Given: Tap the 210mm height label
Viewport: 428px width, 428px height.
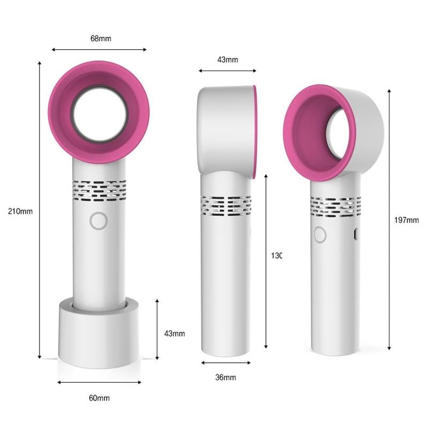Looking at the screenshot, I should (20, 211).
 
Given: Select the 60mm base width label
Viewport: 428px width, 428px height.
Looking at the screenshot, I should (99, 398).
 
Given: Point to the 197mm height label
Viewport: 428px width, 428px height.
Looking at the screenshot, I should (406, 220).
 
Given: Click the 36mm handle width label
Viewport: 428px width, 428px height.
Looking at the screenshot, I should (225, 377).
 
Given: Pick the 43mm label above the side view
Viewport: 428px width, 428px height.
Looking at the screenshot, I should (227, 59).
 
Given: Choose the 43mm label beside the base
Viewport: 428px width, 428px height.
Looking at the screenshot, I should (174, 333).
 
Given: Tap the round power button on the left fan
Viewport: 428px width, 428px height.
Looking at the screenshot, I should (98, 220).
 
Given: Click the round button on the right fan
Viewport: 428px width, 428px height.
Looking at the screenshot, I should (320, 234).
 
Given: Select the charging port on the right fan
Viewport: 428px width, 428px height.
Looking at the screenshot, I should (356, 234).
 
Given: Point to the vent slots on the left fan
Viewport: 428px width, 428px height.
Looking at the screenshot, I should (100, 190).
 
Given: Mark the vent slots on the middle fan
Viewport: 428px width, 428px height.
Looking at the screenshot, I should (226, 205).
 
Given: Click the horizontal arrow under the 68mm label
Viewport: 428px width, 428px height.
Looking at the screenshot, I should (100, 50).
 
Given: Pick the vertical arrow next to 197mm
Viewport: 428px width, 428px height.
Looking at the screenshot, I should (389, 219).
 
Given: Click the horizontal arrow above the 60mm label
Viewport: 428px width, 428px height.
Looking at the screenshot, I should (100, 382).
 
